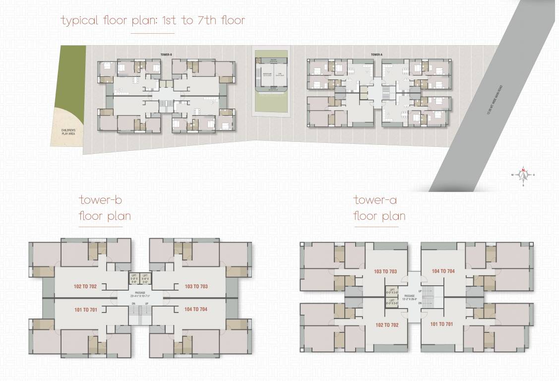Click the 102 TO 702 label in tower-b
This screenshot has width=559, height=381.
[85, 286]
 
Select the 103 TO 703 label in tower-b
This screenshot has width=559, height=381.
[196, 286]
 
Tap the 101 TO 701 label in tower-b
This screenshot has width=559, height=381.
[85, 310]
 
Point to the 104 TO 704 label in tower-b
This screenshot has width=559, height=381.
[196, 310]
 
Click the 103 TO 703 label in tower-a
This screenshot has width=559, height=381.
[385, 271]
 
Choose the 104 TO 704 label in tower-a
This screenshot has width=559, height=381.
[443, 271]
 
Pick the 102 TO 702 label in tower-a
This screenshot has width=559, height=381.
[387, 325]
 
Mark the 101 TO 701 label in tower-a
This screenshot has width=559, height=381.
[441, 325]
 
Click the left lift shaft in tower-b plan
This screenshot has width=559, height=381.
[133, 278]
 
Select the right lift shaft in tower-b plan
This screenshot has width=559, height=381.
[145, 278]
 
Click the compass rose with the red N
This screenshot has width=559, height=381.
[523, 175]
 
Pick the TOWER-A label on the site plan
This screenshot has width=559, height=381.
[377, 54]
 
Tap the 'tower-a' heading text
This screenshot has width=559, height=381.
[375, 200]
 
